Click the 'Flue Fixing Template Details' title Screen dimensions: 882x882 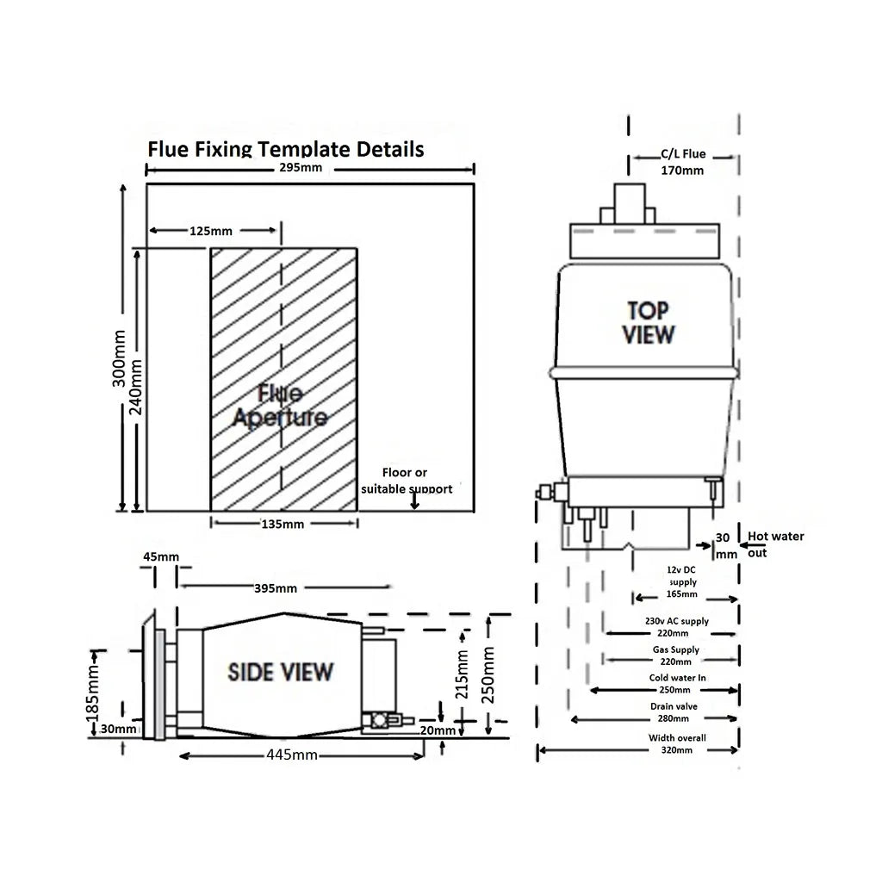tap(286, 149)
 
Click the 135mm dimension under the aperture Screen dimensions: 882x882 tap(283, 524)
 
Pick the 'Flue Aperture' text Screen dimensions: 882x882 tap(280, 407)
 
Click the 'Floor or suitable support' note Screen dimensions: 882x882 tap(407, 481)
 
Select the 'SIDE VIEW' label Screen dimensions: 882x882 tap(280, 672)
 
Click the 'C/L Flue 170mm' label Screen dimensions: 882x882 tap(682, 162)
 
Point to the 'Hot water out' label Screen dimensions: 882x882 tap(775, 543)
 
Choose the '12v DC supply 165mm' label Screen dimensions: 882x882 tap(682, 582)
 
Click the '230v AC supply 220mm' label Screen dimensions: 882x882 tap(682, 626)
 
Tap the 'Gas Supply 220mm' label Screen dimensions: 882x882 tap(675, 655)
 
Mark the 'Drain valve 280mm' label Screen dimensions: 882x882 tap(674, 712)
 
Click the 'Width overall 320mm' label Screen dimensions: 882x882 tap(677, 744)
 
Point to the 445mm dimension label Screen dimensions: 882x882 tap(291, 755)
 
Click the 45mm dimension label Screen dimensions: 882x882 tap(161, 556)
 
